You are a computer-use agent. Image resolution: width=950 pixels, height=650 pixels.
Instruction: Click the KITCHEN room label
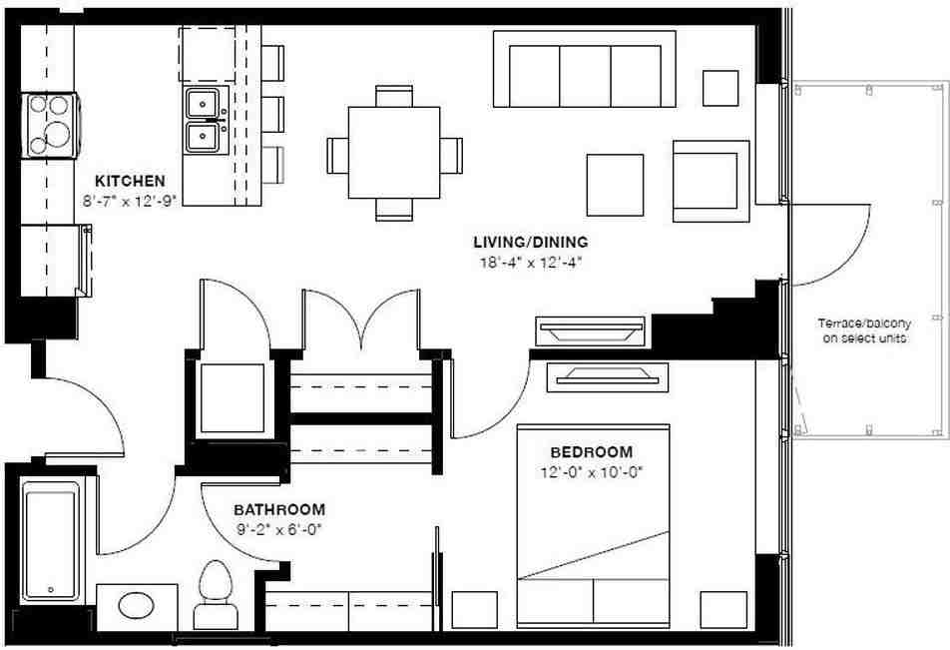click(130, 182)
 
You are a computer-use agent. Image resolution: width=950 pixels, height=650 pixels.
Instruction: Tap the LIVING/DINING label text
click(530, 242)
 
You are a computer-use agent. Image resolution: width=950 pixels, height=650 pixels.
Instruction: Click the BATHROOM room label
click(279, 508)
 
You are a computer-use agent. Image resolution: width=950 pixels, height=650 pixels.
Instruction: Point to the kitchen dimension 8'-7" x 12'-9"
click(130, 200)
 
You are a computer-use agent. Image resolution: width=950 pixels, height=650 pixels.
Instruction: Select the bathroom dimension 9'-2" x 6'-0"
click(279, 528)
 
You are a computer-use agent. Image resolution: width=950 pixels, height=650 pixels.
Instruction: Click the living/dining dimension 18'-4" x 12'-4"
click(530, 263)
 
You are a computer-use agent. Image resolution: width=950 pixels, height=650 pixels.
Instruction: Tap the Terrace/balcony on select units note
click(864, 331)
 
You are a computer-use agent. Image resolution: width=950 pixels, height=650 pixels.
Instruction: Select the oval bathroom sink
click(137, 606)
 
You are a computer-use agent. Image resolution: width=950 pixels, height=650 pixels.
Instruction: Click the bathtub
click(51, 542)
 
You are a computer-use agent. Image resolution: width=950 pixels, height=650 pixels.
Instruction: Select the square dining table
click(394, 153)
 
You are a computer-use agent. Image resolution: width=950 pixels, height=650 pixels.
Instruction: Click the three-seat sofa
click(585, 70)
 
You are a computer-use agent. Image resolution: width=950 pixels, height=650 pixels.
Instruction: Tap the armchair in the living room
click(710, 180)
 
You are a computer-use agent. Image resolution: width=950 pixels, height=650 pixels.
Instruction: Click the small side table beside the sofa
click(720, 88)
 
